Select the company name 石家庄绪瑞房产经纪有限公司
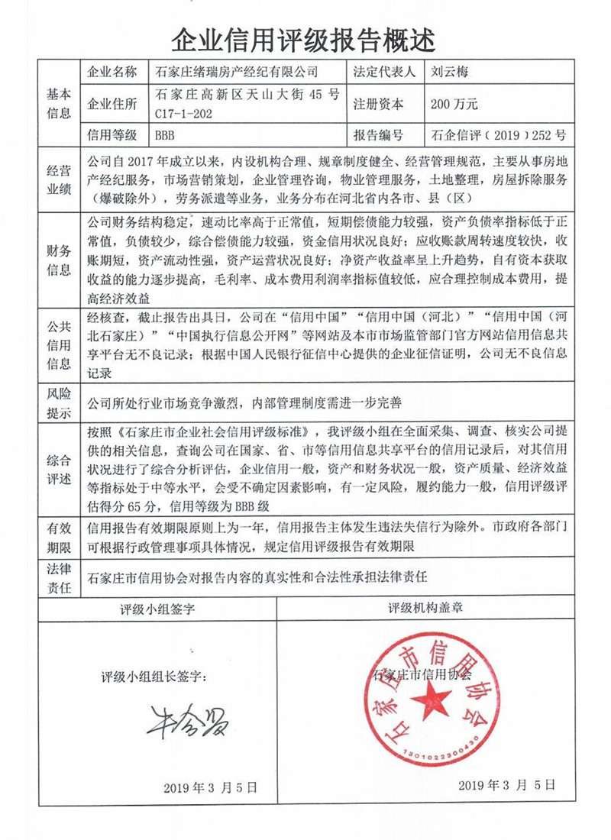235,73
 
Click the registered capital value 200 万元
454,105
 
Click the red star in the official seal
432,698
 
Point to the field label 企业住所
113,105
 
